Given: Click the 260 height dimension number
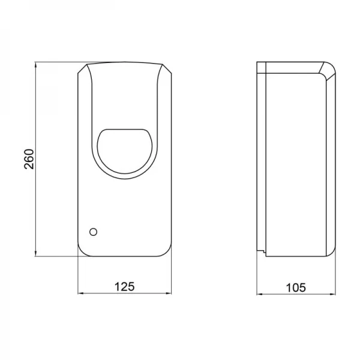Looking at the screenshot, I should (x=29, y=158).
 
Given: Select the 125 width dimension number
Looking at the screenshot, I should (x=125, y=287).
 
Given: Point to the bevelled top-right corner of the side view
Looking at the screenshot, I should (x=326, y=69).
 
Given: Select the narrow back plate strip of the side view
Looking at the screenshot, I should (x=261, y=159).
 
